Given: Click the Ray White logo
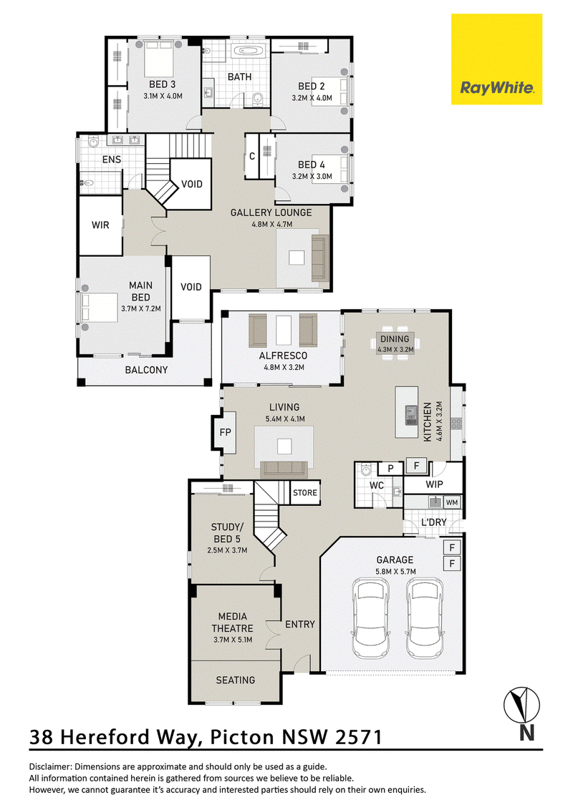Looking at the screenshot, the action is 496,59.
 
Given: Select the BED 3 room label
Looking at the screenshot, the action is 163,84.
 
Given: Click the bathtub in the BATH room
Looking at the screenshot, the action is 249,51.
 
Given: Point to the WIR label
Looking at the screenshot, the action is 100,225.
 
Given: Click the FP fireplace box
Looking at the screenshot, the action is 226,432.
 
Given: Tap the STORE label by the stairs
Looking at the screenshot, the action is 305,493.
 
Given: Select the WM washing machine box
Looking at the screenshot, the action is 451,502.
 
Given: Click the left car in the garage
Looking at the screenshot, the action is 370,618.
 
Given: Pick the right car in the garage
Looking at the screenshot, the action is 425,618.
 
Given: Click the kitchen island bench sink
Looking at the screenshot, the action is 412,411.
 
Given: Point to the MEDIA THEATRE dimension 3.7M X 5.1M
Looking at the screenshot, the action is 233,640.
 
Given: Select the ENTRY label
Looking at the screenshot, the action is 300,625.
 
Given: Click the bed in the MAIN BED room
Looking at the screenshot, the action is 99,308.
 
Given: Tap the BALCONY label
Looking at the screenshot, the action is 146,370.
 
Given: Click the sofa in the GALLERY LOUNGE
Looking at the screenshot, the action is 320,258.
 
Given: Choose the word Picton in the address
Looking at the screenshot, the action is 243,736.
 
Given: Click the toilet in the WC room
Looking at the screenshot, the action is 366,470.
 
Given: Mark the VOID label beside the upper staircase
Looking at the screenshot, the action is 191,184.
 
